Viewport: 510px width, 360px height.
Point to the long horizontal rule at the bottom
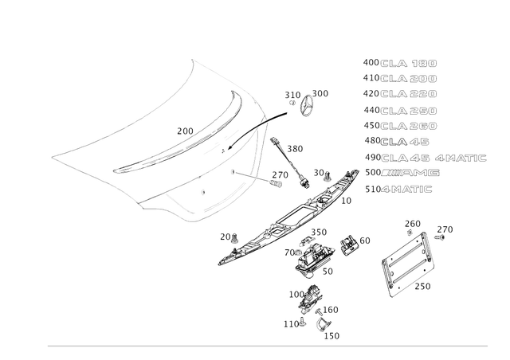(267, 346)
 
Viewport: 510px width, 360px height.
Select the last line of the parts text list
(398, 190)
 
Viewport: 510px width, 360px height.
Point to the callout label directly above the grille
(412, 221)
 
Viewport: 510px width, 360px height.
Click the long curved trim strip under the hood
(287, 219)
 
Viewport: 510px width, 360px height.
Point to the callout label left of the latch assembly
(288, 252)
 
